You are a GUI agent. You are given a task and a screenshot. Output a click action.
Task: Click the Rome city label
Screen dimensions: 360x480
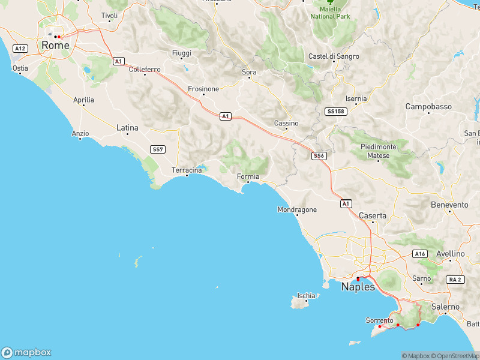55,45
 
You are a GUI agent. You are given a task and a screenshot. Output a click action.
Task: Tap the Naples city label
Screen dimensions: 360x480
358,287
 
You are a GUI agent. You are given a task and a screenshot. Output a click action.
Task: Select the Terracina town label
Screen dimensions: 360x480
187,170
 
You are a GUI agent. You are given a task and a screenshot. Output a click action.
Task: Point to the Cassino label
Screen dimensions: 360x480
286,123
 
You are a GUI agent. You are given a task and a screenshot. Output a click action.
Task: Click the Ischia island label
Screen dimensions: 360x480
306,296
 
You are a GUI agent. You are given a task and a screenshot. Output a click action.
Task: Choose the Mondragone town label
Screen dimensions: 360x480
297,210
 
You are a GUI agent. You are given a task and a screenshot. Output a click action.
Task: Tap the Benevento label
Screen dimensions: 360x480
449,205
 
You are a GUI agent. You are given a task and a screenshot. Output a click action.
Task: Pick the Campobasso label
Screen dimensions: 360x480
428,106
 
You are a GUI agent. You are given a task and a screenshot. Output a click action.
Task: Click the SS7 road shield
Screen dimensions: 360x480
158,149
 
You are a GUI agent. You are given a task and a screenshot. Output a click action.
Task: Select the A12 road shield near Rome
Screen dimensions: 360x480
20,48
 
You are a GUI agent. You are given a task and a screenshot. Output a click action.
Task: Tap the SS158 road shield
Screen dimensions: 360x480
335,112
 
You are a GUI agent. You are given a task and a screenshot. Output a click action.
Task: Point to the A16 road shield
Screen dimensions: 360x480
420,254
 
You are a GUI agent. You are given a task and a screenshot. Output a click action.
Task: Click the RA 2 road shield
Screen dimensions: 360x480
455,280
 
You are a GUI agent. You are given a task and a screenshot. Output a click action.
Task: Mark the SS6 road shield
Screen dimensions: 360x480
319,156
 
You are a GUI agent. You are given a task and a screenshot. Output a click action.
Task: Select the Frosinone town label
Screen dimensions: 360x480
203,89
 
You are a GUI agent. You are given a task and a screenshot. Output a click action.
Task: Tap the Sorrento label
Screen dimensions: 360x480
379,320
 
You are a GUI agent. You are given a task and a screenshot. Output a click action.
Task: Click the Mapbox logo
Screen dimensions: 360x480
26,353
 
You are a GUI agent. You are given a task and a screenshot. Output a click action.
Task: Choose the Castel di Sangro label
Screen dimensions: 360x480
334,56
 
